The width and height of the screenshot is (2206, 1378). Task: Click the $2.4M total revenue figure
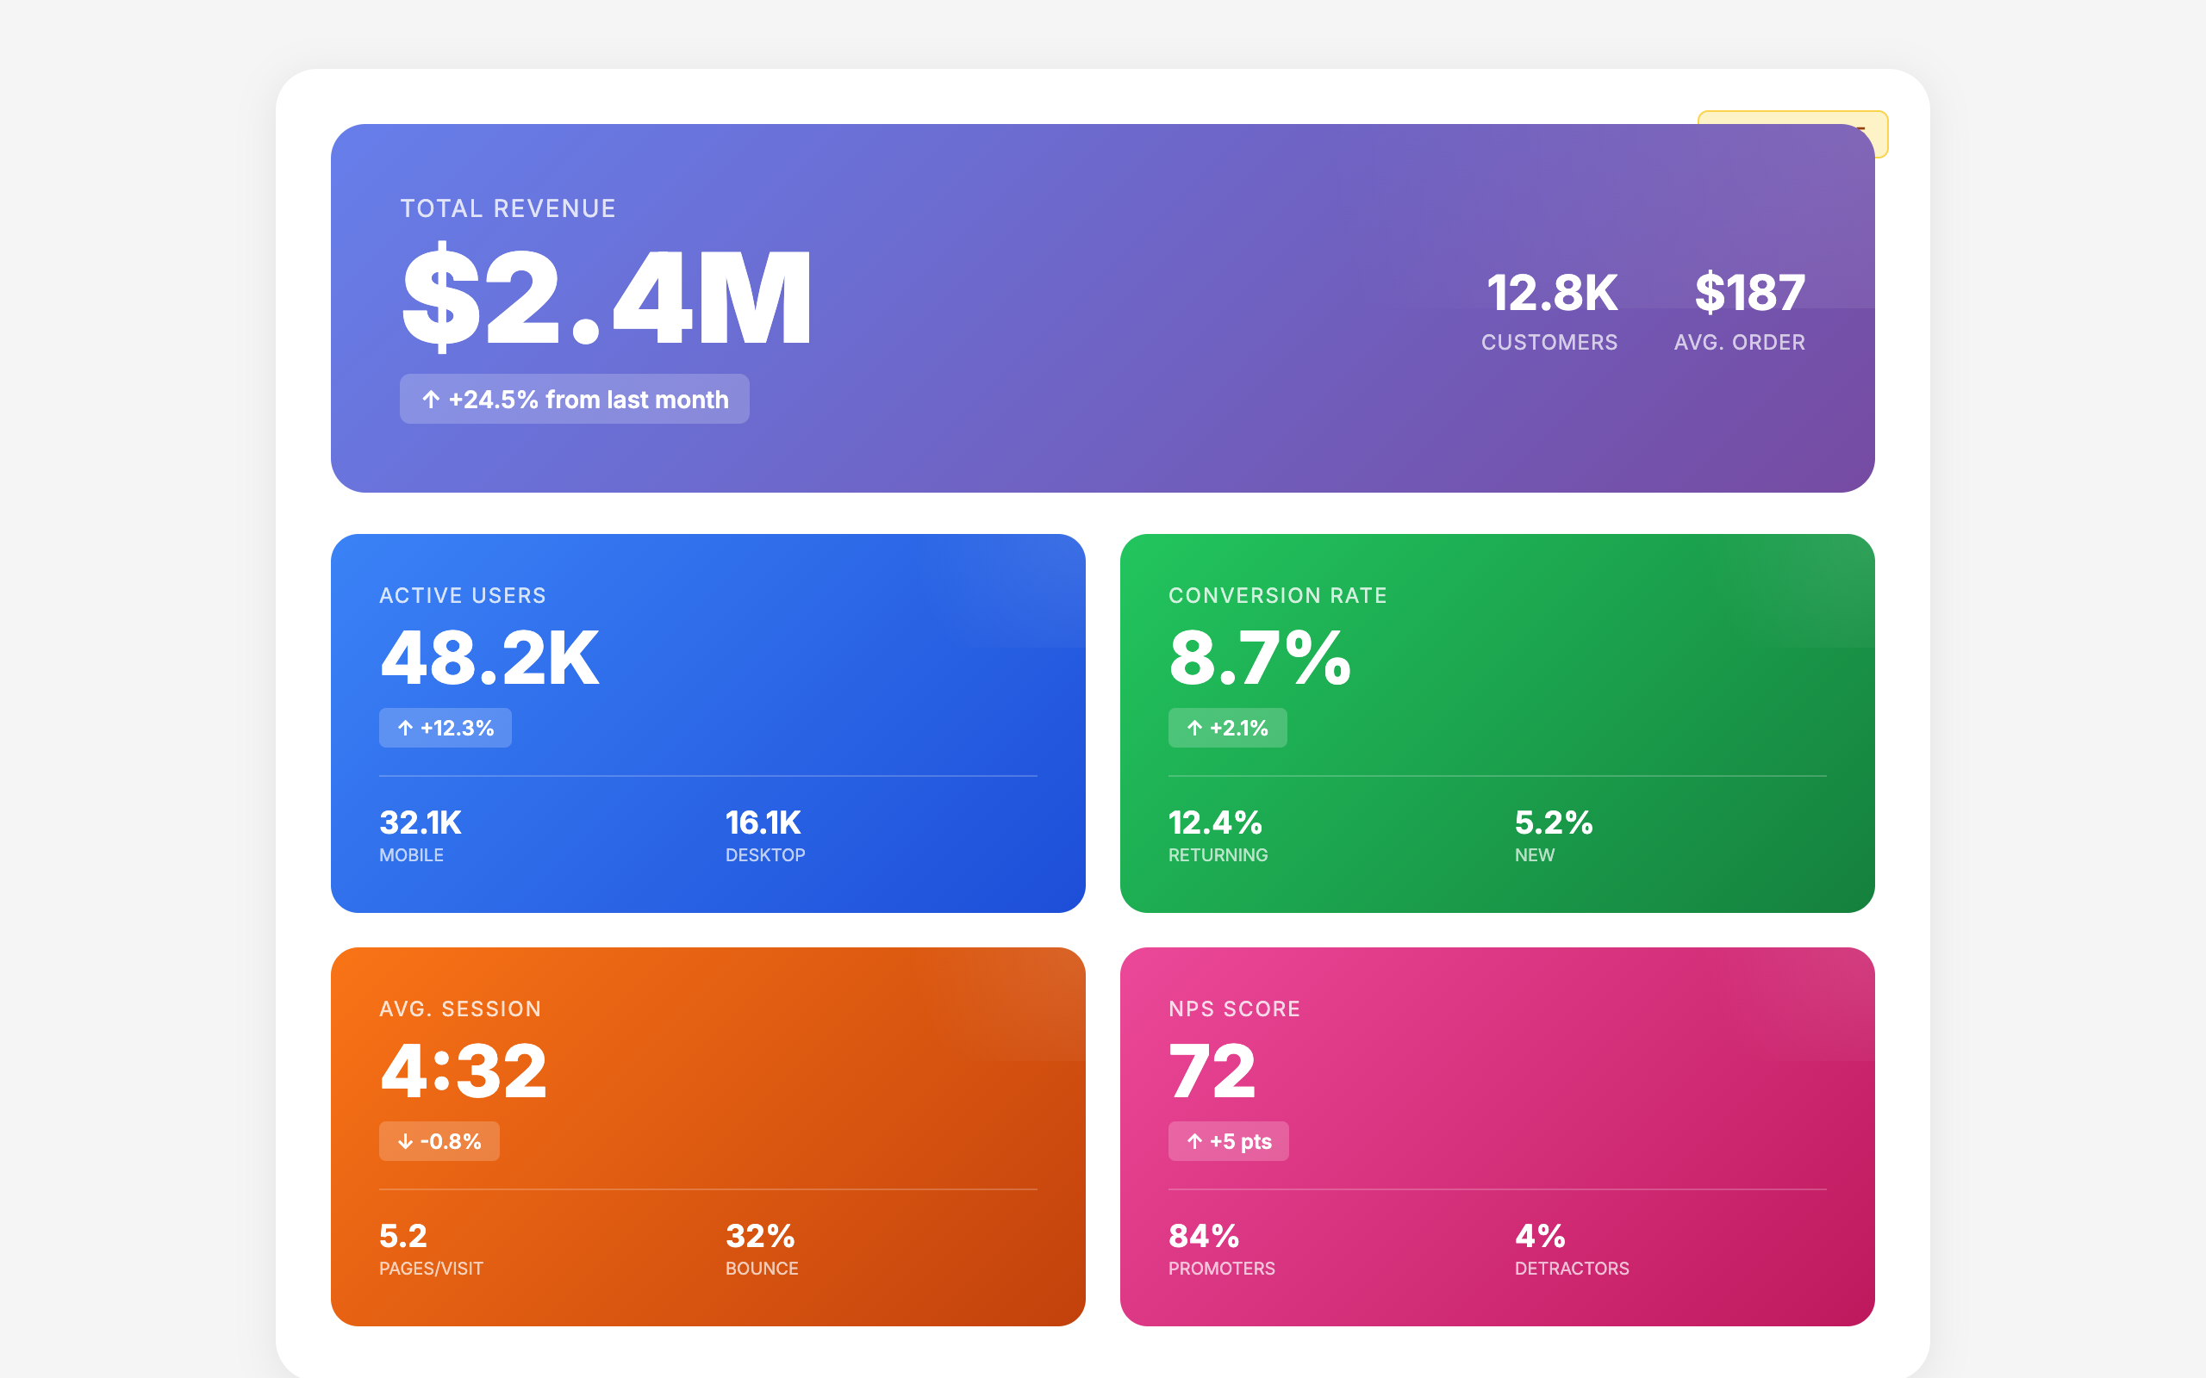click(x=606, y=297)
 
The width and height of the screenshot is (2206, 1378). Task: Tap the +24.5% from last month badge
click(x=574, y=399)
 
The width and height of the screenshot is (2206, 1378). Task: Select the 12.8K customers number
click(x=1551, y=293)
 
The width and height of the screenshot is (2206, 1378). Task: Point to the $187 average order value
click(x=1749, y=293)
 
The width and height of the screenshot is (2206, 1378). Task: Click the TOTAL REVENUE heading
click(x=508, y=208)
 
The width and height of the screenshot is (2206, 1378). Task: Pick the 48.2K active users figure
click(x=489, y=658)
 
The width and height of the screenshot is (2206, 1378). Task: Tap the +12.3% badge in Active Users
click(x=445, y=729)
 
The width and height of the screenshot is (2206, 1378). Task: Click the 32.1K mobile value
click(x=421, y=823)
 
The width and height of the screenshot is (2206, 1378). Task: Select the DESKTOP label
click(x=765, y=855)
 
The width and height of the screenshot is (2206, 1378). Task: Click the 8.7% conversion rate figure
click(x=1260, y=658)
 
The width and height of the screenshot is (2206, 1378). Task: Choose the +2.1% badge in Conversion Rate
click(x=1227, y=729)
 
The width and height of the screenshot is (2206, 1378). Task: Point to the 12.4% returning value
click(x=1215, y=823)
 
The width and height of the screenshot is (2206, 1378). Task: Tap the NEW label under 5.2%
click(x=1534, y=855)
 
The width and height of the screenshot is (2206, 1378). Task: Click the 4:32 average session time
click(x=463, y=1071)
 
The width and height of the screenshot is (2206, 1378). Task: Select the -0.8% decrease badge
click(x=439, y=1141)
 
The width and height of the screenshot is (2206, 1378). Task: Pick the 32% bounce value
click(x=760, y=1236)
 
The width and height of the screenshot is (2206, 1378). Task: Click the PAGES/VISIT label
click(x=430, y=1269)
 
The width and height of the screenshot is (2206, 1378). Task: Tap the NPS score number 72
click(x=1212, y=1071)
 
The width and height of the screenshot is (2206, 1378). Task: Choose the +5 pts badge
click(x=1228, y=1141)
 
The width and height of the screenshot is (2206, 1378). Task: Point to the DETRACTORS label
click(x=1572, y=1269)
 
